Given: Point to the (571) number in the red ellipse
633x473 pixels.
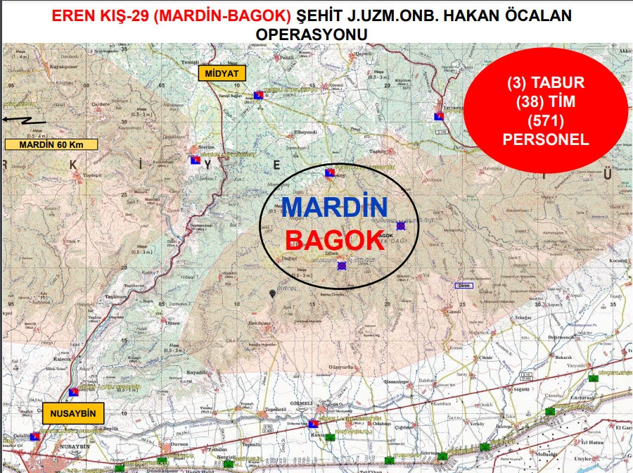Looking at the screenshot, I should coord(545,120).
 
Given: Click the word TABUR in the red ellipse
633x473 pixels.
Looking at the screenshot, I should coord(558,83).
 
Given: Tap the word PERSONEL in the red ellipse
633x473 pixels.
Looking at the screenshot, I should coord(545,139).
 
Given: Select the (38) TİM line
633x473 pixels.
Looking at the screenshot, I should coord(545,102).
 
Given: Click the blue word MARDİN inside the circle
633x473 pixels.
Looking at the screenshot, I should coord(334,208).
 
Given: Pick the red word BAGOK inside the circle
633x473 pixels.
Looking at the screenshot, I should coord(334,241).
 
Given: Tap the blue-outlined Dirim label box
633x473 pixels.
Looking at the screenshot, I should coord(463,285).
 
